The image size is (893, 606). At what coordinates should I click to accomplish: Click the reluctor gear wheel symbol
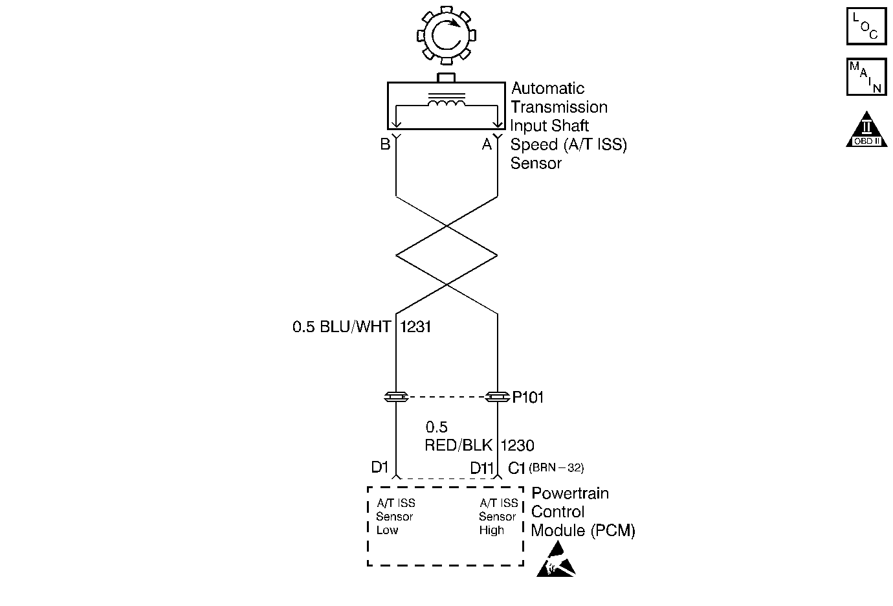(x=446, y=36)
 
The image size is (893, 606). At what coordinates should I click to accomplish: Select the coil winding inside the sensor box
(x=446, y=104)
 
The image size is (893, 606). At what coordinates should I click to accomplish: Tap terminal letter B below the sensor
(x=385, y=144)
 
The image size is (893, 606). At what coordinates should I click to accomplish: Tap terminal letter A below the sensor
(x=487, y=144)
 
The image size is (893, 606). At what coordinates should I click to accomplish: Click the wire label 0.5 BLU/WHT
(x=342, y=327)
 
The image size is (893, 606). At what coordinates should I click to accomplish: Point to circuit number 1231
(x=416, y=327)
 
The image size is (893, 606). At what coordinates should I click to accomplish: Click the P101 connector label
(x=528, y=398)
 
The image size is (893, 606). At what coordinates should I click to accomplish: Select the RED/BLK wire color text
(x=459, y=445)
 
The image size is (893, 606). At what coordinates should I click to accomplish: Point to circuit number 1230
(x=517, y=445)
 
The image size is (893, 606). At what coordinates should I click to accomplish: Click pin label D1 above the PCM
(x=379, y=467)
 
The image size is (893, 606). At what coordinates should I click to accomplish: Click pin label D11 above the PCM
(x=482, y=467)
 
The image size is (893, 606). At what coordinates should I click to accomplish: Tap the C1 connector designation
(x=516, y=468)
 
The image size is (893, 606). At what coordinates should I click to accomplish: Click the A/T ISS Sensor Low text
(x=395, y=517)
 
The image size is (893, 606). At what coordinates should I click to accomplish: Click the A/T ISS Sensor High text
(x=498, y=517)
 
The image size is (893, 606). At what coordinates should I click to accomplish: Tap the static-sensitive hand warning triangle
(x=556, y=561)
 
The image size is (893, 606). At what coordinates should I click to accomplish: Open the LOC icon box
(x=866, y=26)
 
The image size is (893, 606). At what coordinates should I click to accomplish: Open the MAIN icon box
(x=866, y=77)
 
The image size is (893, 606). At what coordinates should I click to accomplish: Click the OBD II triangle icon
(x=866, y=129)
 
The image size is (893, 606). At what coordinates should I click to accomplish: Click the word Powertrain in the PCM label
(x=570, y=493)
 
